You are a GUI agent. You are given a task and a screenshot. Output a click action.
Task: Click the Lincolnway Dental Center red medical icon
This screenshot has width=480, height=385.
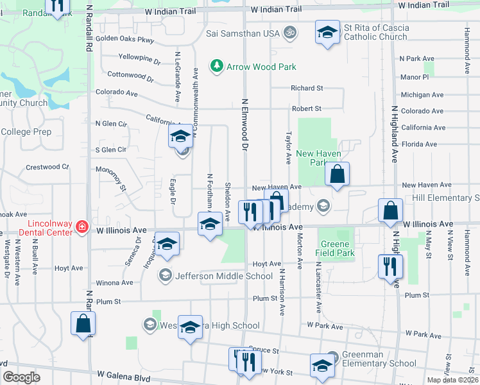(81, 227)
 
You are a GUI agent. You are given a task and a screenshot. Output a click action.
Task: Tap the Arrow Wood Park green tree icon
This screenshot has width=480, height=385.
(217, 66)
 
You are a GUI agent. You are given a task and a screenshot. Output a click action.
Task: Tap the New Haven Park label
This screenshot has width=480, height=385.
(318, 158)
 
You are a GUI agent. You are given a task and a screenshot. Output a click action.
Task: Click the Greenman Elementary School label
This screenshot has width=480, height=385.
(379, 359)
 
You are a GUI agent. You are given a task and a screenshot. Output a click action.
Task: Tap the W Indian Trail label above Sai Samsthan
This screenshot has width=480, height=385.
(276, 10)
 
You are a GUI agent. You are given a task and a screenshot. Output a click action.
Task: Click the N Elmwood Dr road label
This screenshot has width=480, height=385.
(244, 125)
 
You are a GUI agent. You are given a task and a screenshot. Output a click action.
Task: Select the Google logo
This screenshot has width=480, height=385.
(21, 377)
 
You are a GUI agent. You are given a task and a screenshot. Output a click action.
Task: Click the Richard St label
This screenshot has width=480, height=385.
(306, 88)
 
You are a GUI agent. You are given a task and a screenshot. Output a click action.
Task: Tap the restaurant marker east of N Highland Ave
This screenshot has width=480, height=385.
(390, 266)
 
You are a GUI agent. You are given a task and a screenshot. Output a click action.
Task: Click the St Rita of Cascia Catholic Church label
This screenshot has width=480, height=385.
(375, 33)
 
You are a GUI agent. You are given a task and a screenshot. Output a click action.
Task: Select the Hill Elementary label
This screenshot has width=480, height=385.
(445, 198)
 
